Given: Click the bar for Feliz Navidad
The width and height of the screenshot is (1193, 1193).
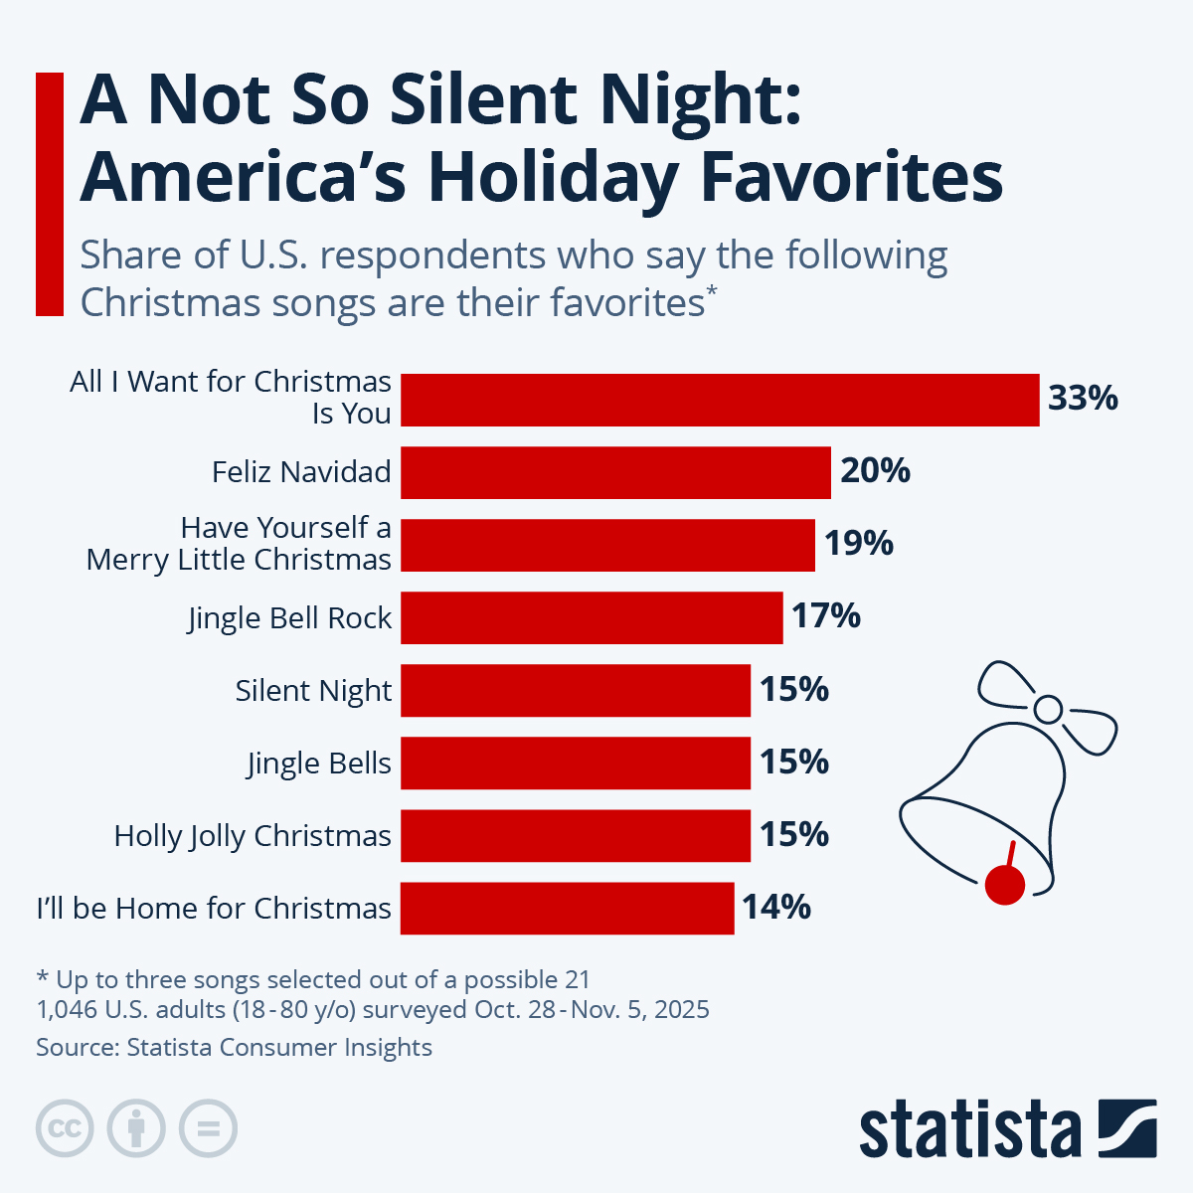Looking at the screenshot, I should (x=615, y=472).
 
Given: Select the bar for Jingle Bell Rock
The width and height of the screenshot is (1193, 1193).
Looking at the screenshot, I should (x=592, y=617).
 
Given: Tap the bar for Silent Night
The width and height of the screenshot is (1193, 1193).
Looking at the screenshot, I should (x=576, y=690).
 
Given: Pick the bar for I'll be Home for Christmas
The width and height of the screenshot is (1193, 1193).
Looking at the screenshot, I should (x=568, y=908).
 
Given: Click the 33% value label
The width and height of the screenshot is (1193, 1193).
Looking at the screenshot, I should (x=1083, y=399).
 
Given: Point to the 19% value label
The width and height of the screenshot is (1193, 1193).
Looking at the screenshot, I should (x=859, y=544).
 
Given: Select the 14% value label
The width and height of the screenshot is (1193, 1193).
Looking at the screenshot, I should (x=776, y=908).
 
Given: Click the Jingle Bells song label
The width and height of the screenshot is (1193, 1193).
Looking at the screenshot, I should (x=319, y=764).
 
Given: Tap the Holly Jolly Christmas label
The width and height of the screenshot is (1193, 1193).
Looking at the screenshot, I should (x=253, y=836).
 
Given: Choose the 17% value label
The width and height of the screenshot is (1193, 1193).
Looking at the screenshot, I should (x=826, y=616).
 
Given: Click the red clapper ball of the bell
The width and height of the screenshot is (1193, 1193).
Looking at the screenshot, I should (x=1004, y=885).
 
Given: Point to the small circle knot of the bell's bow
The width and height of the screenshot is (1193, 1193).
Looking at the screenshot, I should (x=1049, y=710).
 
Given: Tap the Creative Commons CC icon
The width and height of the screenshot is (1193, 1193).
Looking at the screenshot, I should (x=65, y=1129).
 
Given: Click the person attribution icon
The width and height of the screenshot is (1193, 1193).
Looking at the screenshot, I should (x=136, y=1129).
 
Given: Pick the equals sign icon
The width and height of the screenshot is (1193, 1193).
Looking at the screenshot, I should (x=208, y=1129).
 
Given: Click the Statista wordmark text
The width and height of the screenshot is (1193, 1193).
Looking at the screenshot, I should (x=969, y=1129).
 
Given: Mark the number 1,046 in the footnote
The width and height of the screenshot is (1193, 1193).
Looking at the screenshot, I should (x=68, y=1010).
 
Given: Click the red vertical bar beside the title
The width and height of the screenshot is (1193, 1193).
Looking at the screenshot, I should (x=50, y=194).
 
